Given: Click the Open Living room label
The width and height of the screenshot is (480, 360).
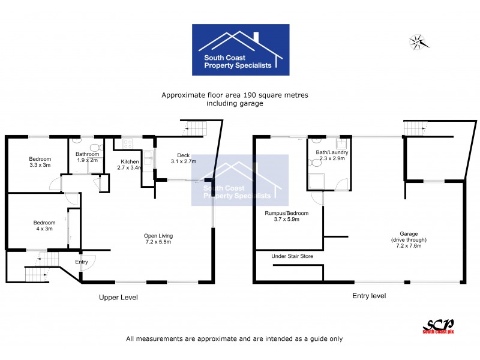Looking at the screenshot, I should [x=157, y=238].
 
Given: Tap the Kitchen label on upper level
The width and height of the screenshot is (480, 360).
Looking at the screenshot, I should [x=130, y=165].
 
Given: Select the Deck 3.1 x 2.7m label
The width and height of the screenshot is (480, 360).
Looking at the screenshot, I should [x=184, y=158].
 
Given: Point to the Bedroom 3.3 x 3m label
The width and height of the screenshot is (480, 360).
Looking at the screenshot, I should [x=40, y=162].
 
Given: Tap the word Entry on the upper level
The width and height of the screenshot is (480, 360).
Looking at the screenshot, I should [x=82, y=262].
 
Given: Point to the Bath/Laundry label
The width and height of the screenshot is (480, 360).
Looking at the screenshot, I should [x=332, y=156].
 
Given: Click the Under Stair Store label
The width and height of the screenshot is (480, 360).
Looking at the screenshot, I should [x=292, y=256].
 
